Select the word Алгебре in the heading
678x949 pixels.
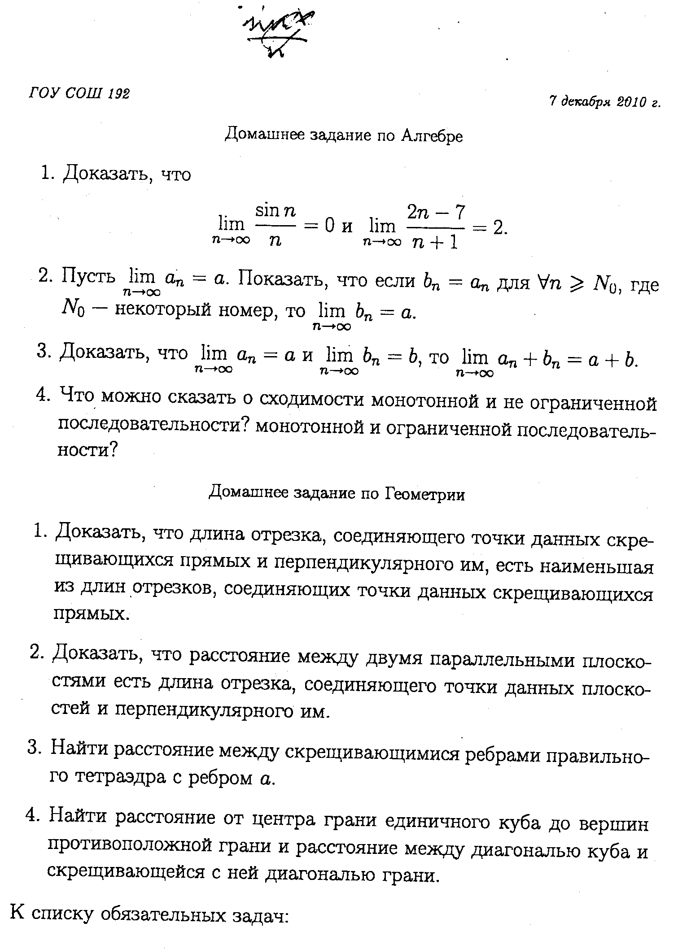pos(432,135)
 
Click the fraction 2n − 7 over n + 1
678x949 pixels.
pos(435,227)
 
